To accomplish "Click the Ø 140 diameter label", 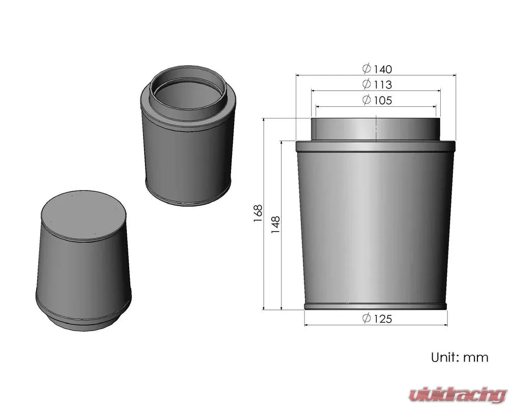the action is (x=377, y=69).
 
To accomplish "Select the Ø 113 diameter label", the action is (x=377, y=84).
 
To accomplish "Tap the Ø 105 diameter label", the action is (x=377, y=100).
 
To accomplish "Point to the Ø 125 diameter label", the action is (x=377, y=318).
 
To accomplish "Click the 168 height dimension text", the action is (x=258, y=213).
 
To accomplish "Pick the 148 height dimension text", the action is (x=275, y=224).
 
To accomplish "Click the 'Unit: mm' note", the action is (x=459, y=357).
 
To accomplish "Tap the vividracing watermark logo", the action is (x=458, y=395).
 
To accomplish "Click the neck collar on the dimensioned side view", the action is (x=376, y=129).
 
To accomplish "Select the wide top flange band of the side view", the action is (x=376, y=147).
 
